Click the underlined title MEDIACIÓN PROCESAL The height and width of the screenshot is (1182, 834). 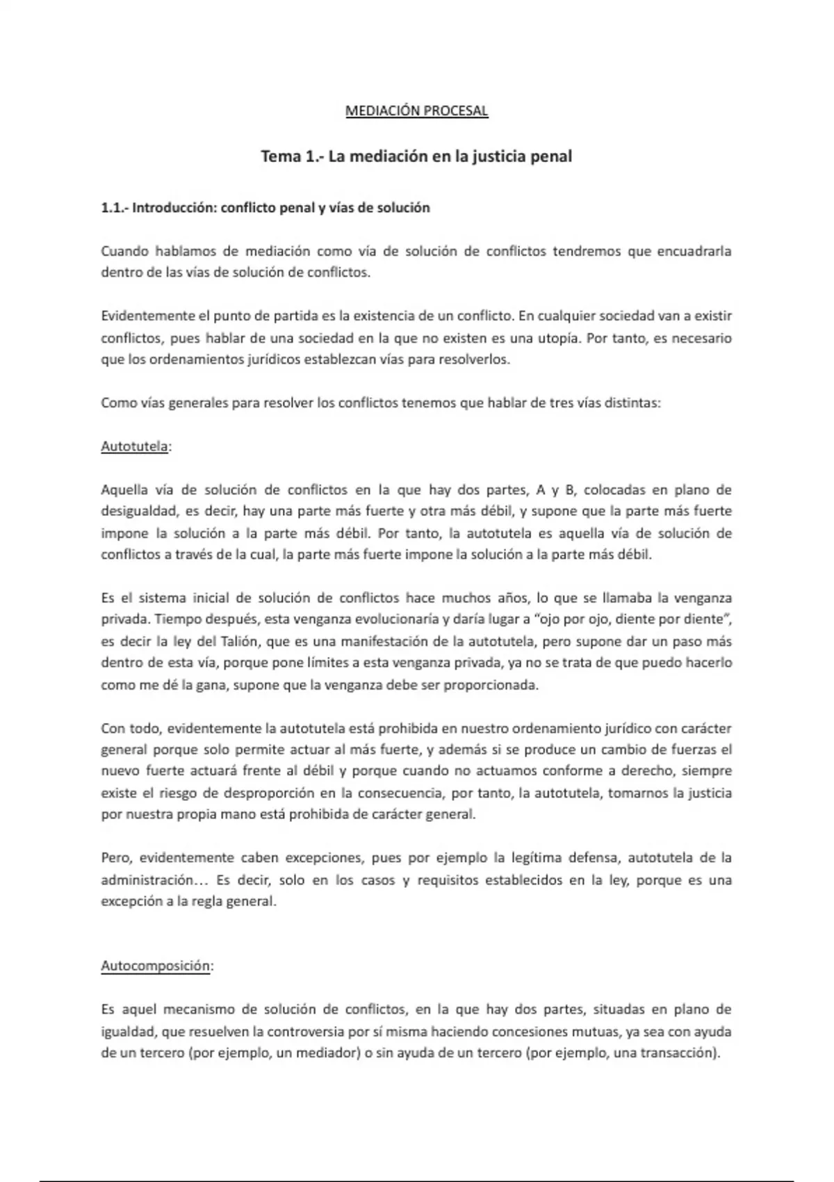tap(417, 111)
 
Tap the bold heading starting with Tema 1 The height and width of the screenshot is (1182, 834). tap(416, 156)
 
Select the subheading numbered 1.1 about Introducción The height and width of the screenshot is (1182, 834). tap(265, 208)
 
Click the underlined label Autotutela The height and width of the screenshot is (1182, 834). tap(135, 446)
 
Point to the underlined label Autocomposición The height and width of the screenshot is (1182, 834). tap(156, 966)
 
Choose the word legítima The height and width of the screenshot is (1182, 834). tap(535, 858)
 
